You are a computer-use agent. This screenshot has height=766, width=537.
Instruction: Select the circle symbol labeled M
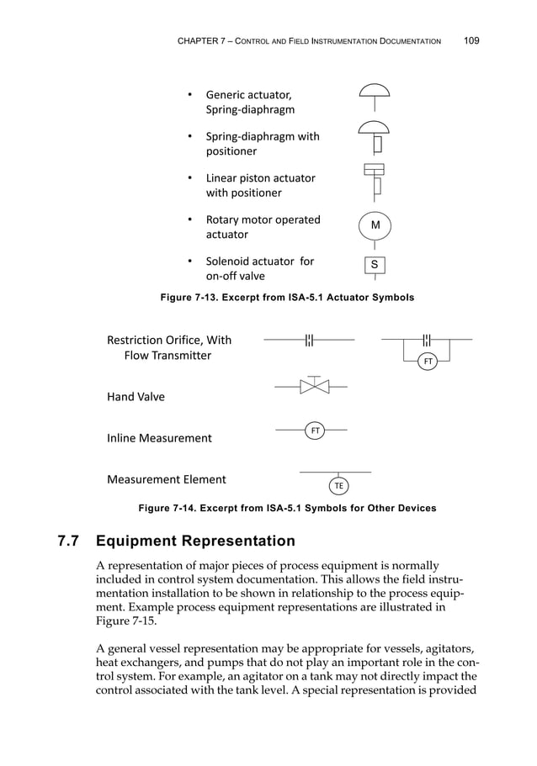tap(375, 225)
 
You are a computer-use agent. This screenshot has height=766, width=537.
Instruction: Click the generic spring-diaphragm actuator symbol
tap(375, 92)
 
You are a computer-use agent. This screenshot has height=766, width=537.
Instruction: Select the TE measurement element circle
tap(338, 486)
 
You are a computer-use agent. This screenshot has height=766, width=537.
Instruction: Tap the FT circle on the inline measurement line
tap(315, 431)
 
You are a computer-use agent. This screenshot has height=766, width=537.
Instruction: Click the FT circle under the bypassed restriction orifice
tap(428, 361)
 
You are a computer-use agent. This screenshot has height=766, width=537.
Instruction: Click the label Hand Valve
tap(136, 397)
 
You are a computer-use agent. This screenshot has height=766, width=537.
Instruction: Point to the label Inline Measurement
tap(159, 438)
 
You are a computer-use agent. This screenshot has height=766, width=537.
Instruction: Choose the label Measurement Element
tap(166, 479)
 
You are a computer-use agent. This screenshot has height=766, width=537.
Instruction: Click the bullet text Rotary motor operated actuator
tap(263, 227)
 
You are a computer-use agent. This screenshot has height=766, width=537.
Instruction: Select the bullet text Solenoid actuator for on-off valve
tap(259, 268)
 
